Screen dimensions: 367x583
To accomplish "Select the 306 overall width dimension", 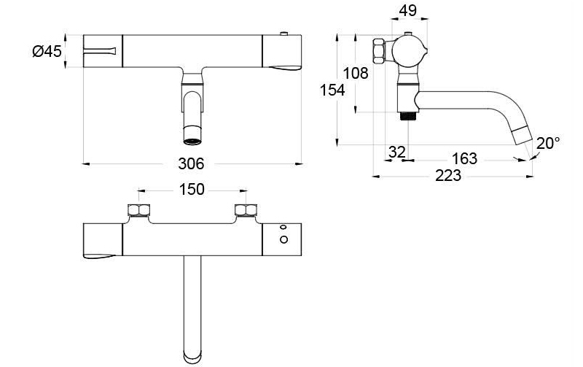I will tap(192, 163).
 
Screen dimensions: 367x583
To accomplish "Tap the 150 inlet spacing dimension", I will tap(192, 190).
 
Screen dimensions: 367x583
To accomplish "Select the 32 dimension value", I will tap(396, 152).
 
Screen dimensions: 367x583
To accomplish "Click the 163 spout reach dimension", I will tap(464, 158).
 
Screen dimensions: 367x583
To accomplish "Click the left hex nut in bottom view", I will tap(139, 212).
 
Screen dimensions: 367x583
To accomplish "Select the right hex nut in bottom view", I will tap(246, 212).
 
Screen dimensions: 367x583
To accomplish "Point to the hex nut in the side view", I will tap(380, 50).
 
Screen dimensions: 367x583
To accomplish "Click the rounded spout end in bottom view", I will tap(192, 357).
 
